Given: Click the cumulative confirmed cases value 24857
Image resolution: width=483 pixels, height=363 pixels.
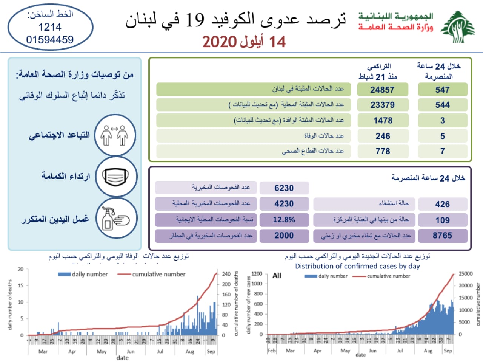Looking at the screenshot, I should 382,90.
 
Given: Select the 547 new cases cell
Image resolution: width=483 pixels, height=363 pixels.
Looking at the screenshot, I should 442,90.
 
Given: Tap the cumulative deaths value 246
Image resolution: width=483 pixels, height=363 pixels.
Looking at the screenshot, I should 383,136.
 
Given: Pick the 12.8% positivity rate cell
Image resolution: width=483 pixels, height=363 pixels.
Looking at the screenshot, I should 284,220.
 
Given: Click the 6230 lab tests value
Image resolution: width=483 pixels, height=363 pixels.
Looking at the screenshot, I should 284,188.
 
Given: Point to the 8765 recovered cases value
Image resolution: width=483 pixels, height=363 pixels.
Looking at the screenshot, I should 442,235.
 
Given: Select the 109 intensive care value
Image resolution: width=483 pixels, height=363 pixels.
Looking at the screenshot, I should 442,220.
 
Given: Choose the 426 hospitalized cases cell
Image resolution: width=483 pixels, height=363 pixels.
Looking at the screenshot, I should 442,204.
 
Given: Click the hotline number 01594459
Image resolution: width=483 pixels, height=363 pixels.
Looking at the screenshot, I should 50,39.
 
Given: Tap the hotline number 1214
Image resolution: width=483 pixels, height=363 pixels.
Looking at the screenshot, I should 50,27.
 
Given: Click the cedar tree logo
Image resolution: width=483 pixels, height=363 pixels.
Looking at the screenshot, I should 458,27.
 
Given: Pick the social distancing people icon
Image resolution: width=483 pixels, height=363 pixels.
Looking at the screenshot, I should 115,135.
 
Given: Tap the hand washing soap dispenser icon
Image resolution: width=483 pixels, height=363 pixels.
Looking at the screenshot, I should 115,219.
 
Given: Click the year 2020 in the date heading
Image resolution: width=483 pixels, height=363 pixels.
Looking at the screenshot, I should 220,42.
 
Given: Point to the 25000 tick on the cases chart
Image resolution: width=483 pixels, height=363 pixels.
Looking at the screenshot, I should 465,274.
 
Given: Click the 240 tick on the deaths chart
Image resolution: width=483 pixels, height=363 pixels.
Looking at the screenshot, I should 226,274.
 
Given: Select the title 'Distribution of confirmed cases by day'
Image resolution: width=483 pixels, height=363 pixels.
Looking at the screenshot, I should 357,266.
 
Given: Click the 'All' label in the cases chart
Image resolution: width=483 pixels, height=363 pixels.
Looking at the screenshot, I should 277,276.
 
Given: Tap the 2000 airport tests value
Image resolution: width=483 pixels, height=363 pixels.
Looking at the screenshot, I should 284,235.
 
